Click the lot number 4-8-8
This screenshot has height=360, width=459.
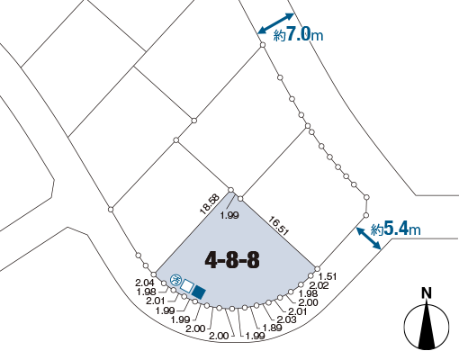[232, 260]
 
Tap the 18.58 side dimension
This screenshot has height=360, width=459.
[210, 204]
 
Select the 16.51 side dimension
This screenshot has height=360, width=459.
[278, 225]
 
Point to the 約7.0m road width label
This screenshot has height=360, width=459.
[298, 34]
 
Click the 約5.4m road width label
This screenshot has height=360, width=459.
[396, 229]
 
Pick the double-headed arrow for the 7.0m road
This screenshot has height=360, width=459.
[276, 23]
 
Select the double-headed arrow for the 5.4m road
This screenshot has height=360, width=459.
[369, 238]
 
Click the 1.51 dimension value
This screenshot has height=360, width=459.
[328, 276]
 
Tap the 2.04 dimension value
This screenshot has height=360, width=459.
[145, 283]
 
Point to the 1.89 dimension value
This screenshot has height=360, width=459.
[273, 328]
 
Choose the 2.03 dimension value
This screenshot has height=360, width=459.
[286, 319]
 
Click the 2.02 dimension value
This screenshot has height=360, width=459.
[319, 285]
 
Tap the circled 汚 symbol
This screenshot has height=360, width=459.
[175, 280]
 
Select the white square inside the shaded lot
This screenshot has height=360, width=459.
[187, 286]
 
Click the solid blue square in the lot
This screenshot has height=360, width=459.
[199, 292]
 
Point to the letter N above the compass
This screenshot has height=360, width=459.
[427, 292]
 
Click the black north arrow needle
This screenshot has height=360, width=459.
[427, 326]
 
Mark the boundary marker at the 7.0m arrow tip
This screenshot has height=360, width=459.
[263, 45]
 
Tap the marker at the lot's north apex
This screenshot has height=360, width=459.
[230, 190]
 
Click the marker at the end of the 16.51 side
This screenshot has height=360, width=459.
[318, 269]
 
